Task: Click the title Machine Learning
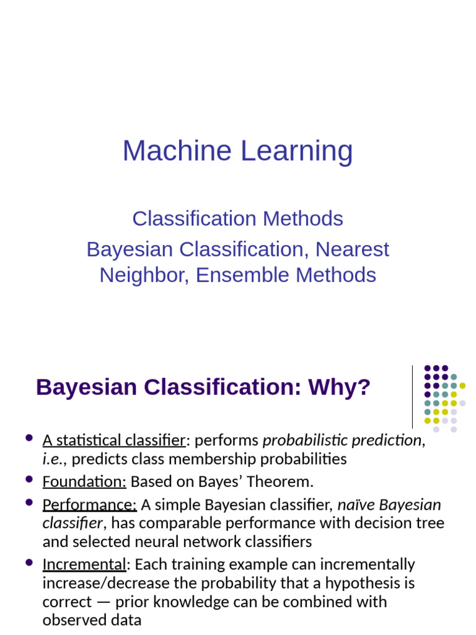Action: (237, 151)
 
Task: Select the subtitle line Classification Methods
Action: (237, 219)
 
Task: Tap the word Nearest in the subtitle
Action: (352, 250)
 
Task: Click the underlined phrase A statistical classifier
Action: (114, 440)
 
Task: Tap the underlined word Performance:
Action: (89, 505)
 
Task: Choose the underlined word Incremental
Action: (84, 564)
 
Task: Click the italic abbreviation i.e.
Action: (53, 460)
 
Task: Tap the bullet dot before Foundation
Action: (29, 479)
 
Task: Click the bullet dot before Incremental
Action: (29, 562)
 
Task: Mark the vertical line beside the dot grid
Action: (412, 397)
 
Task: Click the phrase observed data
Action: (92, 620)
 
